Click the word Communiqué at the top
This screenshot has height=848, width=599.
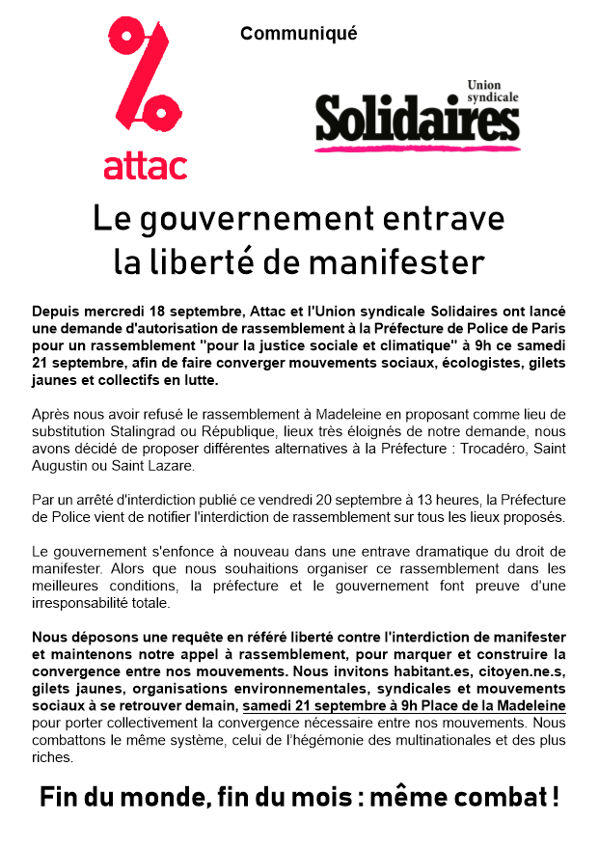[298, 34]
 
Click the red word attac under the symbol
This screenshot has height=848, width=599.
[145, 165]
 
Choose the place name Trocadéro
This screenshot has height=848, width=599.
[476, 448]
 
